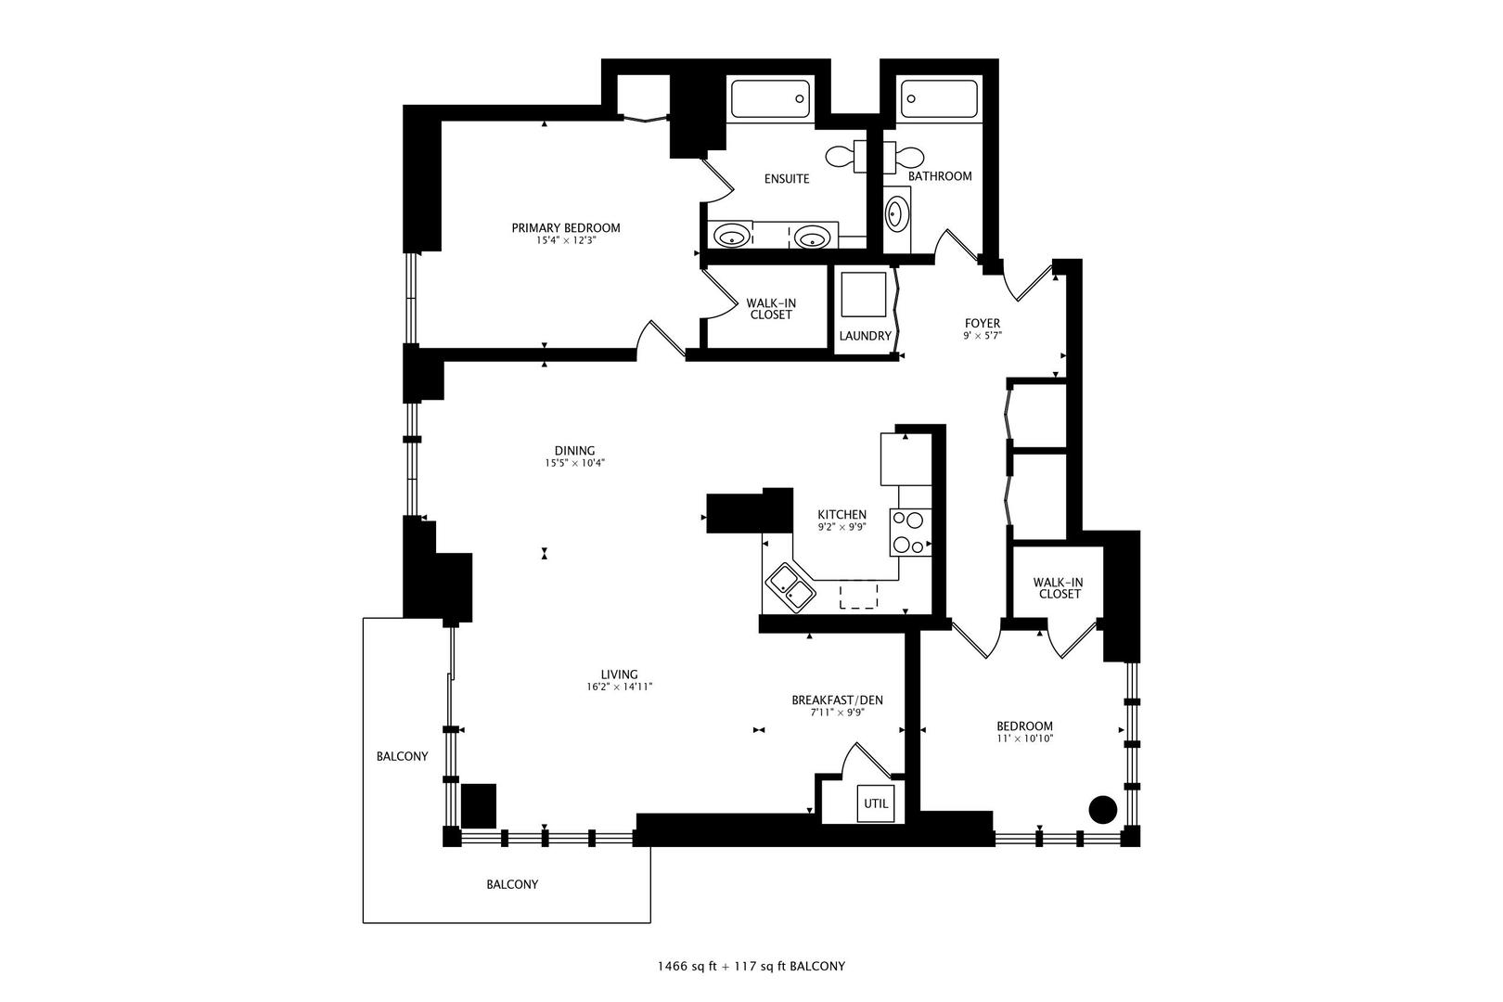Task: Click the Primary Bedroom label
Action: (566, 227)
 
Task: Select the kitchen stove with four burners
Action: (910, 533)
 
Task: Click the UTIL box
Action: (877, 803)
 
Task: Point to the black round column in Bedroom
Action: (1101, 809)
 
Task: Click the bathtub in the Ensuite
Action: (770, 98)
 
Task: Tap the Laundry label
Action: (865, 336)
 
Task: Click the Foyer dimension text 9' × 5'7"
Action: (983, 336)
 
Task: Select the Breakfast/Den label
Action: (837, 700)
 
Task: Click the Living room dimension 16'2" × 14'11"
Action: (619, 687)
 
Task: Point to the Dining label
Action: (574, 451)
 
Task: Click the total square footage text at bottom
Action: (751, 966)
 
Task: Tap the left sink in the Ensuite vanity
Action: (733, 236)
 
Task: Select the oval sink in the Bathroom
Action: (896, 214)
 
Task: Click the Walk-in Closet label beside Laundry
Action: (771, 309)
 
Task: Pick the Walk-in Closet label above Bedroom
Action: (1059, 588)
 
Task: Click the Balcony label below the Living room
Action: (512, 884)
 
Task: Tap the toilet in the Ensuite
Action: (842, 156)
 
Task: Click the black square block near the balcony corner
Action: (479, 805)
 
